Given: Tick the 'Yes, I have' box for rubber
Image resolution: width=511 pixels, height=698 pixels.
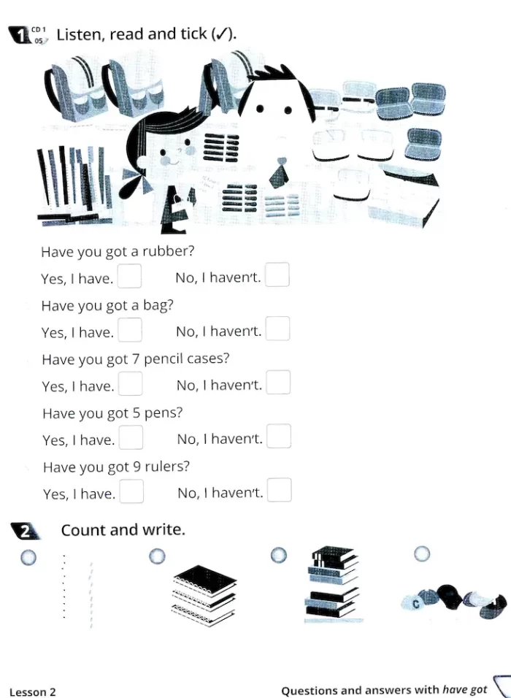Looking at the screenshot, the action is (129, 276).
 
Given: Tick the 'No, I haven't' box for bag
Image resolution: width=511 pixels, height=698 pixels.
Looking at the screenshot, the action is (277, 329).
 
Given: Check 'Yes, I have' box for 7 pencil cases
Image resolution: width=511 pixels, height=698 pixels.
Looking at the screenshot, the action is (131, 384).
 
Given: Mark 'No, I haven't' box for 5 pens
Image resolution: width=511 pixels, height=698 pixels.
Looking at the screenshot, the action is (279, 437).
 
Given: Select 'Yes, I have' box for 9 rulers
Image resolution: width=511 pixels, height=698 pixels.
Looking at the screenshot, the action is (131, 491).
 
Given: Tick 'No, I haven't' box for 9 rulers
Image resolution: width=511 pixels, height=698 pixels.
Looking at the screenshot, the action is (280, 490).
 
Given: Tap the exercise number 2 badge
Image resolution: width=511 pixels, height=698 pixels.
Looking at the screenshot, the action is (25, 532).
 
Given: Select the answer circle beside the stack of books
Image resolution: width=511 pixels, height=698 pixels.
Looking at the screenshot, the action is (279, 555).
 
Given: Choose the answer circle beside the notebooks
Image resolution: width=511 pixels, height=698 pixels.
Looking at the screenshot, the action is (157, 556).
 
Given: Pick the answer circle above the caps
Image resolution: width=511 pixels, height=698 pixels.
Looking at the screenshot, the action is (422, 554).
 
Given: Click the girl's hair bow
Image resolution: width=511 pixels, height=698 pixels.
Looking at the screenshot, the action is (136, 183).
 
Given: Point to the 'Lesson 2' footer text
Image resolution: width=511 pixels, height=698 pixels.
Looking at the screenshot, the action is (33, 691).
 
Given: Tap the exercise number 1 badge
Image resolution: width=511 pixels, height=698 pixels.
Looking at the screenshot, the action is (20, 35).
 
